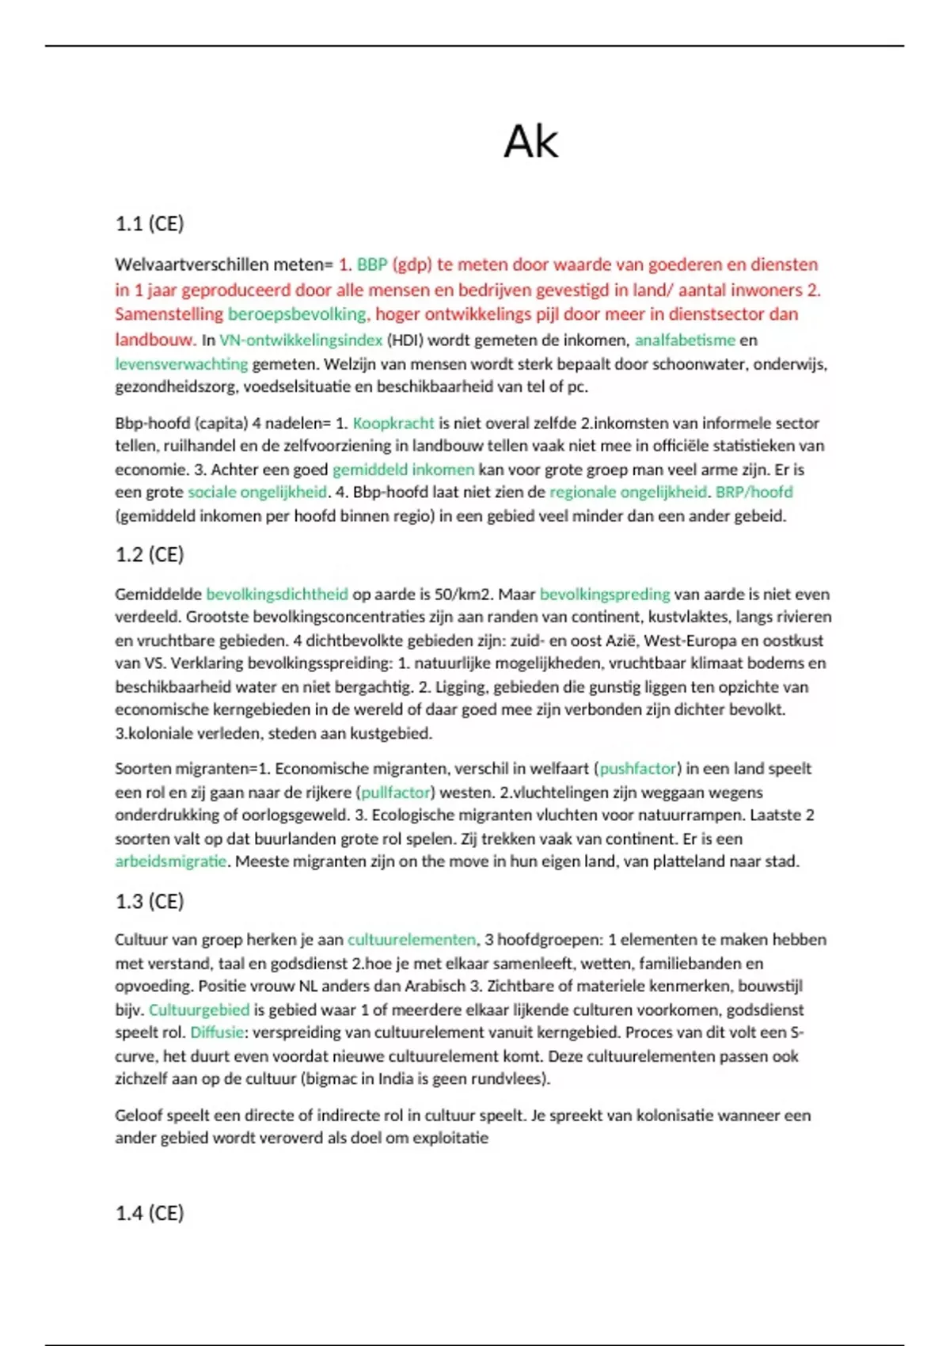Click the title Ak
(x=530, y=143)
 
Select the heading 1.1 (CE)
(x=150, y=224)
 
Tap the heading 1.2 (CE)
(x=150, y=555)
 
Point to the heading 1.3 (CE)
(x=150, y=902)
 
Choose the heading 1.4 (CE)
(x=150, y=1214)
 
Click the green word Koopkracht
(x=393, y=424)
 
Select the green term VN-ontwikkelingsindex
(x=301, y=340)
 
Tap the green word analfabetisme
(x=685, y=340)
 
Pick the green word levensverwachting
(x=181, y=364)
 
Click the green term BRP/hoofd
(x=754, y=492)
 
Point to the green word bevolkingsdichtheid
(x=277, y=595)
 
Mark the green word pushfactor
(x=638, y=769)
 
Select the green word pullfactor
(x=396, y=793)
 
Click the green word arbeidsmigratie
(x=170, y=861)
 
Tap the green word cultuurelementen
(x=412, y=940)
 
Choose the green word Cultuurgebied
(x=199, y=1010)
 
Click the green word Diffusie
(x=217, y=1033)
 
